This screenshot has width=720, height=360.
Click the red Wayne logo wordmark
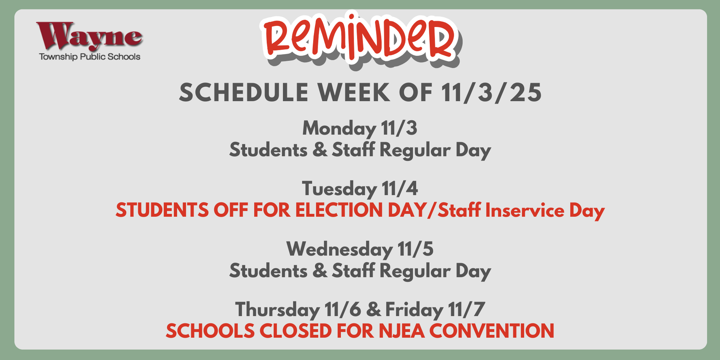tap(89, 36)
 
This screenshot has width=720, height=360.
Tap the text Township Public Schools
tap(90, 57)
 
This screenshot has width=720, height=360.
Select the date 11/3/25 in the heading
tap(491, 93)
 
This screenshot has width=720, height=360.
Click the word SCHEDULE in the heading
tap(244, 93)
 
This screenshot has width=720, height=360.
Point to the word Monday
tap(339, 129)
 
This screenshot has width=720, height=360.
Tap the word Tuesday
tap(339, 189)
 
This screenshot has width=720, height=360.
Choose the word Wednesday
tap(339, 249)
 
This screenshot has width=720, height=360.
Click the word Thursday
tap(277, 310)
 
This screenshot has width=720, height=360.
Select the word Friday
tap(414, 310)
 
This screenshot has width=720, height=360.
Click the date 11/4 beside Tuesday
tap(400, 189)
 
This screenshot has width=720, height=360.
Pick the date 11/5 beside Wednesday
tap(415, 249)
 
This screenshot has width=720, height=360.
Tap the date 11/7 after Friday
tap(466, 310)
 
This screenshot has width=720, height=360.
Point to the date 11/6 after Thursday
tap(343, 310)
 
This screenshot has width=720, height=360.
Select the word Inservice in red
tap(525, 210)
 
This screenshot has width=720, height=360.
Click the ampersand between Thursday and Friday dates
tap(373, 310)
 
